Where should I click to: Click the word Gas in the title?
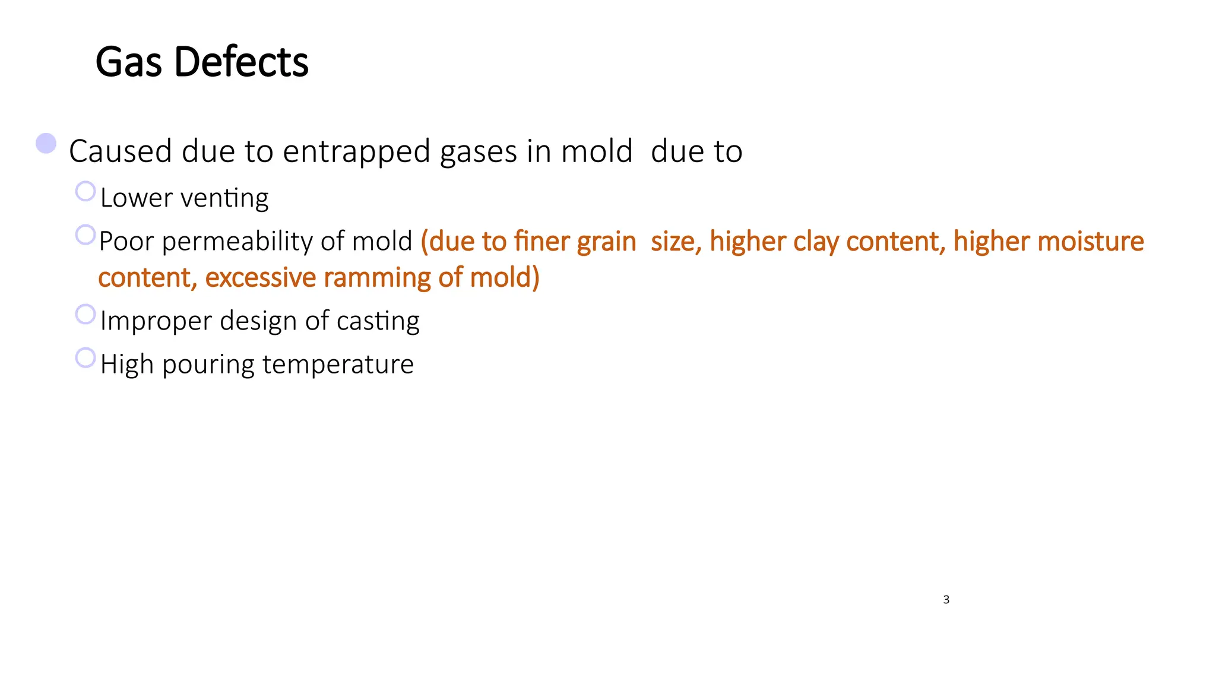pyautogui.click(x=128, y=62)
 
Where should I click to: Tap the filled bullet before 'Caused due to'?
pyautogui.click(x=46, y=144)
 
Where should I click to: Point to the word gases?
pyautogui.click(x=478, y=152)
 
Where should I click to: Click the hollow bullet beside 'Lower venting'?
pyautogui.click(x=85, y=191)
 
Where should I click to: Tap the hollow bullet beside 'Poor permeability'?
pyautogui.click(x=85, y=235)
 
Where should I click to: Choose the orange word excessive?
pyautogui.click(x=261, y=278)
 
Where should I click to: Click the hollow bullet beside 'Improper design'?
pyautogui.click(x=85, y=314)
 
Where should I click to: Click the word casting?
pyautogui.click(x=378, y=321)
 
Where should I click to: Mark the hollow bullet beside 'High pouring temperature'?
pyautogui.click(x=85, y=357)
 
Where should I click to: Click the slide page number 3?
pyautogui.click(x=946, y=600)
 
